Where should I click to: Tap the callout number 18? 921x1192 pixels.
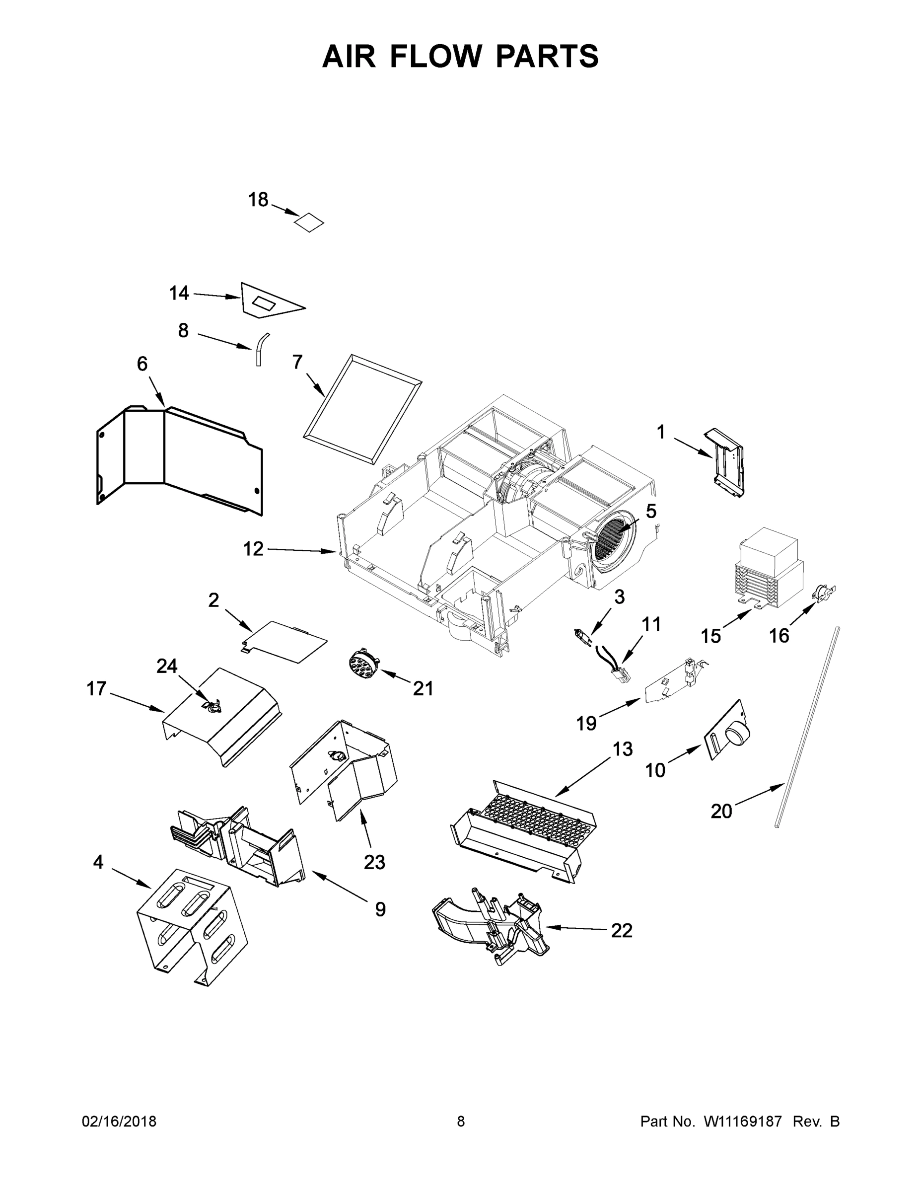258,200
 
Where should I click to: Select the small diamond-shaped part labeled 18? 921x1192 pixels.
309,222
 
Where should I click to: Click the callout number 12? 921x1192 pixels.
253,548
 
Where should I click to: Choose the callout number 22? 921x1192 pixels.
622,930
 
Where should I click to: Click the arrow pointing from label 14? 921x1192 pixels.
216,296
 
